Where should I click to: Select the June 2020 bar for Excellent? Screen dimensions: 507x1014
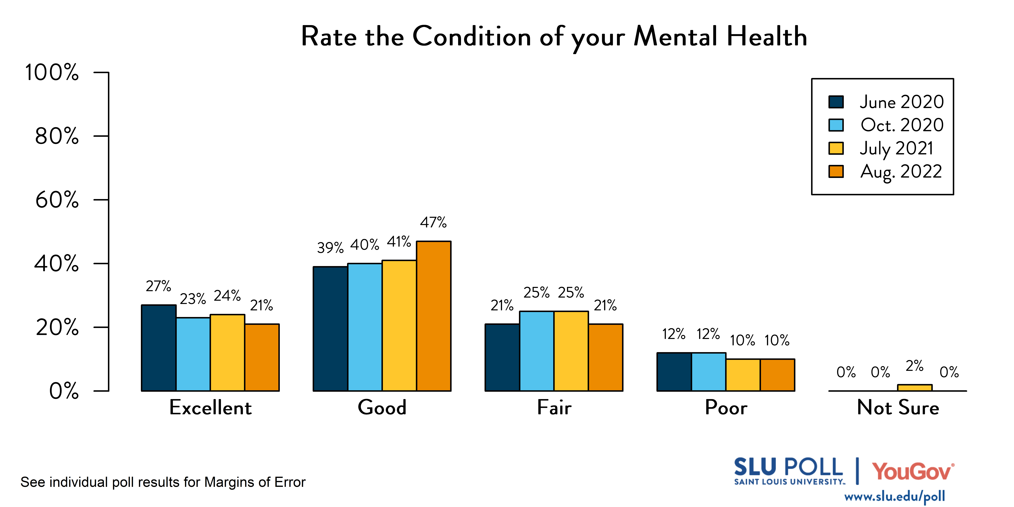pyautogui.click(x=159, y=348)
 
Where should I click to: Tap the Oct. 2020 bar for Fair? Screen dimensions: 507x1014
pyautogui.click(x=537, y=351)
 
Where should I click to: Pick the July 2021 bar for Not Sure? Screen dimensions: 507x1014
pyautogui.click(x=914, y=388)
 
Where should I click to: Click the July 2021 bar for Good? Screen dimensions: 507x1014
pyautogui.click(x=399, y=326)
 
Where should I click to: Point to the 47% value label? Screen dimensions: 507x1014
pyautogui.click(x=433, y=222)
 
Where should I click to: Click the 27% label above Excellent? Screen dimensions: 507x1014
pyautogui.click(x=158, y=286)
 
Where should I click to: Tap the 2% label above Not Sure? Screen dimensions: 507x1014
pyautogui.click(x=914, y=366)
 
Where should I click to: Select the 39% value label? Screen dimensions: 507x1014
pyautogui.click(x=330, y=248)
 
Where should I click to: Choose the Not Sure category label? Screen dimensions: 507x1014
pyautogui.click(x=898, y=407)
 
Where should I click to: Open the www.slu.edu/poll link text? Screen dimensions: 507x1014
pyautogui.click(x=894, y=496)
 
